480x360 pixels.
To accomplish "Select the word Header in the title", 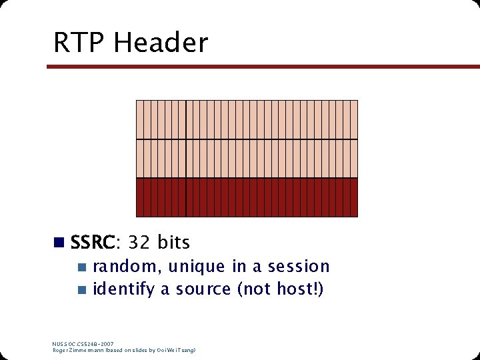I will click(161, 43).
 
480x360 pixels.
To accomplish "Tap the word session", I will click(299, 267).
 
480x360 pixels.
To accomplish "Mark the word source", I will click(203, 290).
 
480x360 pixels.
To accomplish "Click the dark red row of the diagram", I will click(247, 197).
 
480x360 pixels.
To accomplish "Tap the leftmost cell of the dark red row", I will click(139, 197).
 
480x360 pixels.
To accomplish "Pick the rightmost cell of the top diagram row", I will click(355, 119).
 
